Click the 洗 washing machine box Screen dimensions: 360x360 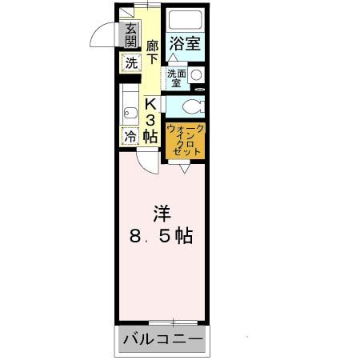point(130,63)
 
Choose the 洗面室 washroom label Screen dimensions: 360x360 point(177,78)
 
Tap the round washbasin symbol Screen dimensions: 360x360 point(196,75)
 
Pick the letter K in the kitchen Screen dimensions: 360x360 point(150,103)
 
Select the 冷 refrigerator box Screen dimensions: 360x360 point(130,137)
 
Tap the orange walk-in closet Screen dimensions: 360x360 point(185,141)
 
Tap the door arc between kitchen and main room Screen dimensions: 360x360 point(145,162)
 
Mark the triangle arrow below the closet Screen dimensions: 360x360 point(184,168)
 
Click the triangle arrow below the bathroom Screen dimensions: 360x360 point(173,59)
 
